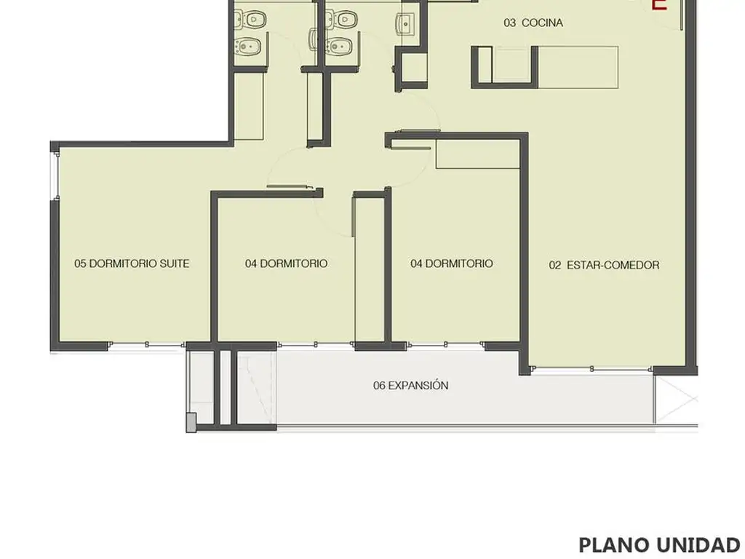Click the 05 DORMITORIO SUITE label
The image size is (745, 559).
132,263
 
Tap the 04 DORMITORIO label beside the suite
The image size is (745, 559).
286,263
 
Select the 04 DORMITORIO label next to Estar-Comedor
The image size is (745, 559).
451,263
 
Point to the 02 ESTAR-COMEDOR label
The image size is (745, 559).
604,265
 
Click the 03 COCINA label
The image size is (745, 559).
533,23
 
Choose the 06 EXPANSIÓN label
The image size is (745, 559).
410,385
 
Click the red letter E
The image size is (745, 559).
659,5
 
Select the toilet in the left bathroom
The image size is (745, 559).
250,20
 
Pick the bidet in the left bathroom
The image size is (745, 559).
248,46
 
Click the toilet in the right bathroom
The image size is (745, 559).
342,20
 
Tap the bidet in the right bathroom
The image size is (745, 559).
339,46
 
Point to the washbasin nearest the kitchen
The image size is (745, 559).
405,23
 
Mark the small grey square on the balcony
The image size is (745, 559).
191,422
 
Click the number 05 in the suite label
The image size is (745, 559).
80,263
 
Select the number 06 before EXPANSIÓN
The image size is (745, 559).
379,385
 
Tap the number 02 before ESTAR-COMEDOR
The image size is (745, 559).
555,265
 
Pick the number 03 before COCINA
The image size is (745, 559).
510,23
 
